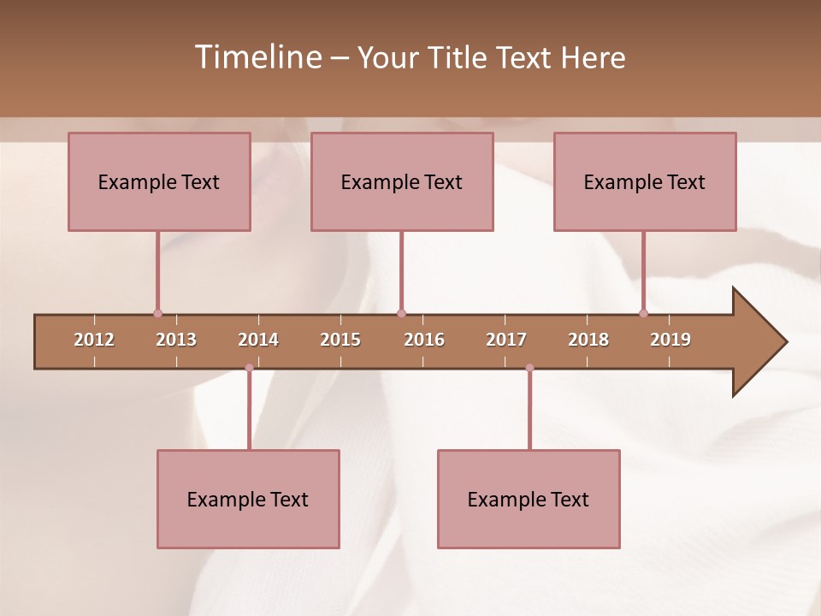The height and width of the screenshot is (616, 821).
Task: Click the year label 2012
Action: pyautogui.click(x=94, y=340)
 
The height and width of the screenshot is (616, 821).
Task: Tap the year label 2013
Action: pyautogui.click(x=176, y=340)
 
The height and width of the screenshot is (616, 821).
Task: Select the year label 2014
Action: pyautogui.click(x=258, y=340)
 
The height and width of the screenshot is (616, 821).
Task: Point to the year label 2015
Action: pyautogui.click(x=340, y=340)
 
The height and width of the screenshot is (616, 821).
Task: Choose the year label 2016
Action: pyautogui.click(x=424, y=340)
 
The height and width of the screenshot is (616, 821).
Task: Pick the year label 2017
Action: pyautogui.click(x=506, y=340)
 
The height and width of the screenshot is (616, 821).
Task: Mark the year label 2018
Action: pyautogui.click(x=588, y=340)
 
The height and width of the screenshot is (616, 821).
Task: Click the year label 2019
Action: pyautogui.click(x=670, y=340)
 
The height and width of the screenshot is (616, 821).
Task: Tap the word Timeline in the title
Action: pyautogui.click(x=257, y=57)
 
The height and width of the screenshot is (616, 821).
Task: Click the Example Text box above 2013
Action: pyautogui.click(x=159, y=181)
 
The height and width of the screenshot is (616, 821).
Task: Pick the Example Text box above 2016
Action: pyautogui.click(x=402, y=181)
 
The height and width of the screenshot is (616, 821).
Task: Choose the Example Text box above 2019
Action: pyautogui.click(x=645, y=181)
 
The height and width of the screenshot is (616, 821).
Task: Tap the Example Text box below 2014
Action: pyautogui.click(x=248, y=499)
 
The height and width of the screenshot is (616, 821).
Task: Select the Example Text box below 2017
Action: pyautogui.click(x=529, y=499)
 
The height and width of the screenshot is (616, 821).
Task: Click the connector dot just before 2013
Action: pyautogui.click(x=157, y=314)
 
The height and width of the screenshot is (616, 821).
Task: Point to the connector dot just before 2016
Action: pyautogui.click(x=401, y=314)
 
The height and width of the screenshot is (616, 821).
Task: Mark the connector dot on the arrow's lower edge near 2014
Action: pyautogui.click(x=249, y=368)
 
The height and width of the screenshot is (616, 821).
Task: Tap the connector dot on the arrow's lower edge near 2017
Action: pyautogui.click(x=529, y=368)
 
